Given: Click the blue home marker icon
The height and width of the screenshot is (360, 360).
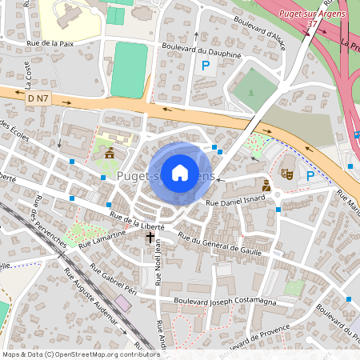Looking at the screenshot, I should (180, 173).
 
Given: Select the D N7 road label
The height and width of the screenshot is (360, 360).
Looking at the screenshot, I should (37, 98).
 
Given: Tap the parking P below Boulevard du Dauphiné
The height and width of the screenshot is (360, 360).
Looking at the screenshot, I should (206, 66).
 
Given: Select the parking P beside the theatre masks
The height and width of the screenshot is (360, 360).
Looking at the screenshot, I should (310, 175).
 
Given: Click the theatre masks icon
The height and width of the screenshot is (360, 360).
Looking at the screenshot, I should (286, 172).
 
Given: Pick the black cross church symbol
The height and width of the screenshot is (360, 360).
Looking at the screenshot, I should (149, 238).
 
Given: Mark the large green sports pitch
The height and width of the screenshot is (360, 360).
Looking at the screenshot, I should (129, 70).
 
